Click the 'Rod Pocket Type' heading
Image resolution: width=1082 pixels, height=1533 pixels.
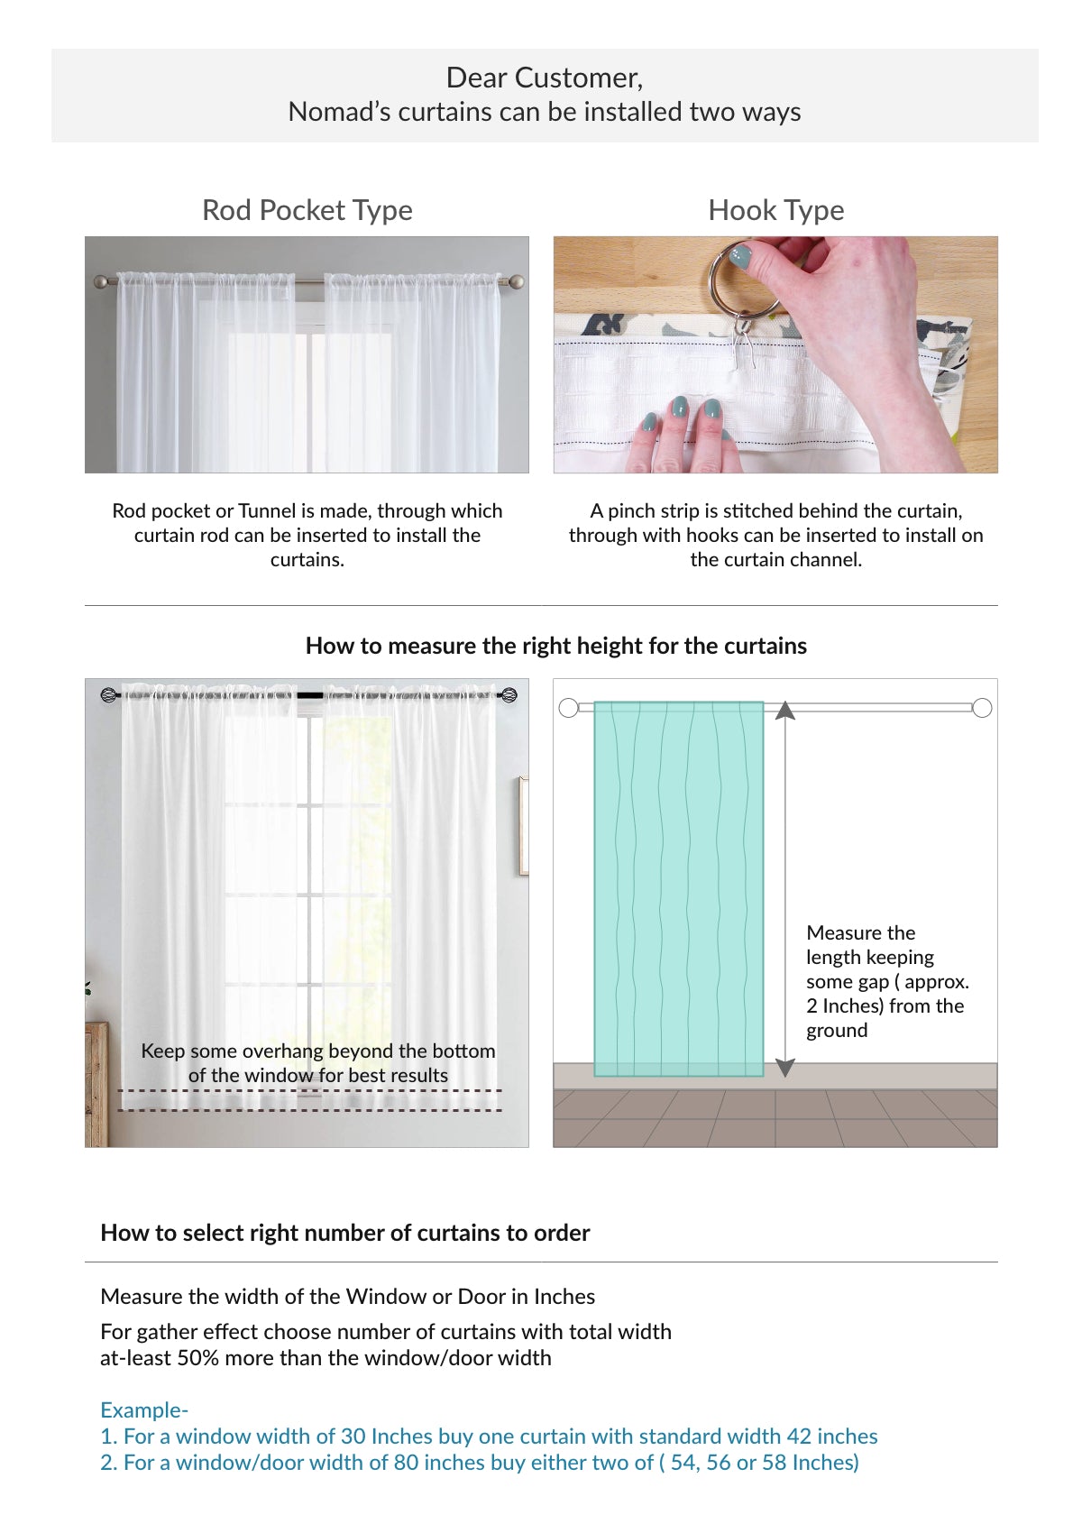(307, 210)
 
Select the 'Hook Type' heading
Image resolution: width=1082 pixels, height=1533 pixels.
(775, 210)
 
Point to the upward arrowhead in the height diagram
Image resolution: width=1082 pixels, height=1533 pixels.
(785, 711)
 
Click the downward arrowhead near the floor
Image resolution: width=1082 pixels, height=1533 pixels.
(785, 1067)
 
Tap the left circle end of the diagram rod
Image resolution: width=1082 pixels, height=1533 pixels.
(568, 708)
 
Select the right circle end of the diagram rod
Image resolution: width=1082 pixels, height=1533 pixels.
(983, 708)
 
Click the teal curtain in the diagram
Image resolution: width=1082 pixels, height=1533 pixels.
(678, 888)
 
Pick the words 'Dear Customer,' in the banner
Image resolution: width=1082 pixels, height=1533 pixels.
(545, 78)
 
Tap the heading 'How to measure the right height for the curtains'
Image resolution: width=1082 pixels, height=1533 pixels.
(555, 646)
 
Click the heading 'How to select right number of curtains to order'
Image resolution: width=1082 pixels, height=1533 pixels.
(344, 1233)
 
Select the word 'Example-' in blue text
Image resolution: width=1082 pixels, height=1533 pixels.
(144, 1409)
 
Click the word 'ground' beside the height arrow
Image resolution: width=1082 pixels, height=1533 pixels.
(837, 1031)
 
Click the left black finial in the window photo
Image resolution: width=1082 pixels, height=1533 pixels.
(108, 695)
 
